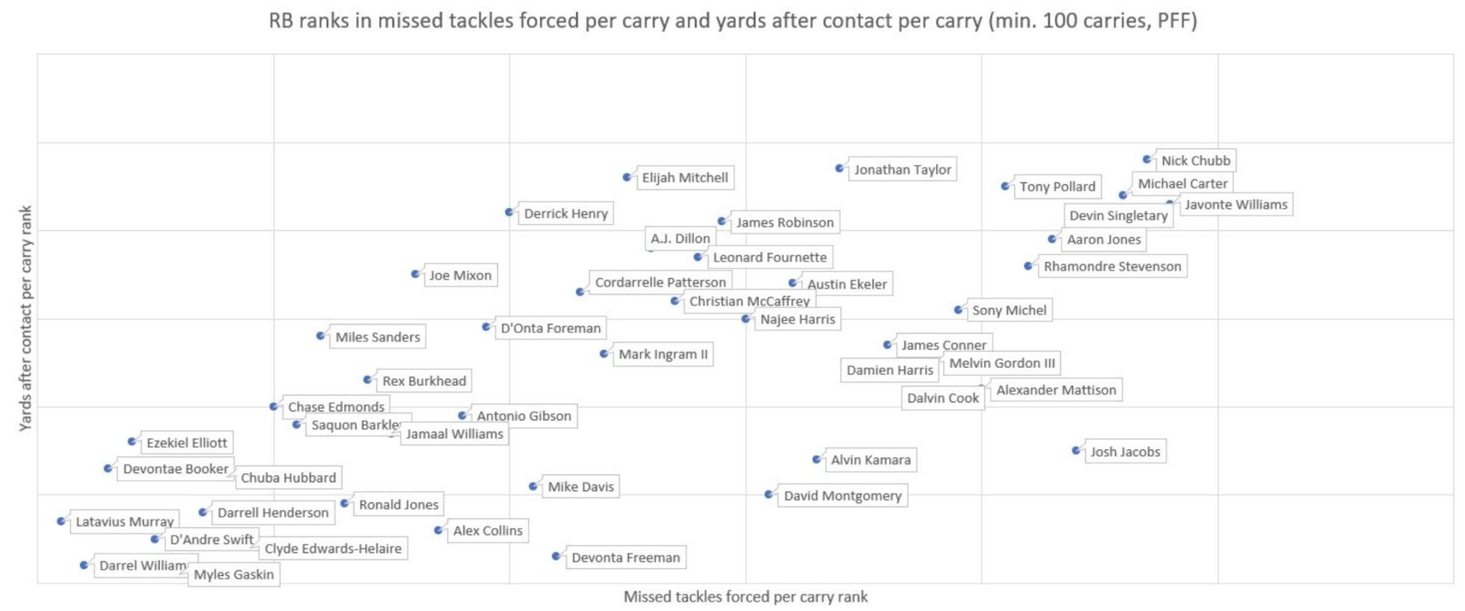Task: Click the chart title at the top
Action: tap(732, 21)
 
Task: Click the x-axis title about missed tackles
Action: tap(745, 597)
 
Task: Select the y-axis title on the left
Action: tap(25, 318)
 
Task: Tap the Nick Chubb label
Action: tap(1195, 161)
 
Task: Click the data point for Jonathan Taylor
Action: tap(840, 169)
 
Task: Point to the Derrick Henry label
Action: tap(565, 214)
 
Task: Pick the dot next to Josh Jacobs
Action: tap(1077, 450)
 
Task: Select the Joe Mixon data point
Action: tap(416, 274)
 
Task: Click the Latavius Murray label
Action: tap(124, 522)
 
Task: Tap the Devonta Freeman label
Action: tap(625, 557)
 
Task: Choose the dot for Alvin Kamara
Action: tap(817, 460)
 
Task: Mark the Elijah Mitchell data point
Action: tap(627, 177)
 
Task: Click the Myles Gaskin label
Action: tap(233, 575)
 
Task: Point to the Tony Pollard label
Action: tap(1057, 187)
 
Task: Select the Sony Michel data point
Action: tap(959, 309)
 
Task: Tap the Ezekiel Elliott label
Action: tap(187, 443)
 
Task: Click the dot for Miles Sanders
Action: tap(321, 336)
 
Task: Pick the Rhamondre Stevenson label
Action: tap(1112, 267)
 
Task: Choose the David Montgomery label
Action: tap(842, 496)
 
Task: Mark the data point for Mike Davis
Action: tap(534, 487)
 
